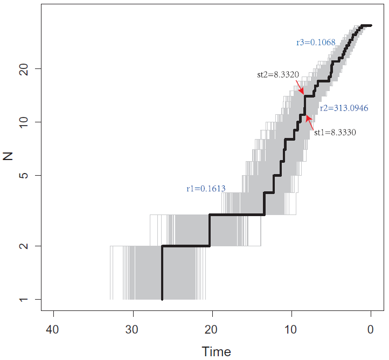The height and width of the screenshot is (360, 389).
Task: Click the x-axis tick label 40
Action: [53, 329]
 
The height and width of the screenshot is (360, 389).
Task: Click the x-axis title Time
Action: [216, 352]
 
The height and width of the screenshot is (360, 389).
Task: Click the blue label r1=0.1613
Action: [206, 189]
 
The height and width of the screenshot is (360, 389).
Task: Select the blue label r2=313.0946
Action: [344, 108]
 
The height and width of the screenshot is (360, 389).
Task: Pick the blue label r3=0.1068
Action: [316, 42]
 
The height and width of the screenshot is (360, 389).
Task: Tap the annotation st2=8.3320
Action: [278, 75]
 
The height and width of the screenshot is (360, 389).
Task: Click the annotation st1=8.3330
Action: [335, 131]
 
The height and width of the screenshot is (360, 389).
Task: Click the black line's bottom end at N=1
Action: [162, 299]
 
